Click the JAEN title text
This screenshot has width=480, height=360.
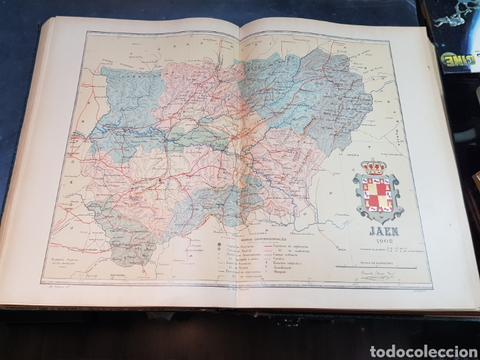378,233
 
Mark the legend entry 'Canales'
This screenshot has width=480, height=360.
285,257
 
